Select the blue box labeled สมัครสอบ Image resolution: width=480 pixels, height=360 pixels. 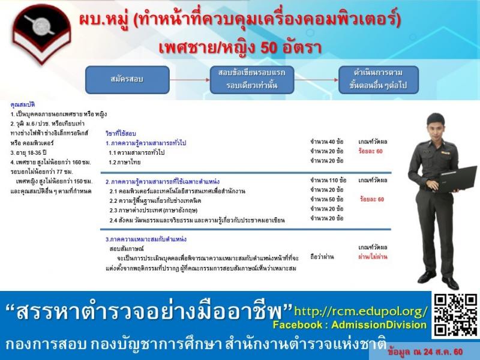coord(127,80)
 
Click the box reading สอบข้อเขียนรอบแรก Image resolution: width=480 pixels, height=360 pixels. coord(252,80)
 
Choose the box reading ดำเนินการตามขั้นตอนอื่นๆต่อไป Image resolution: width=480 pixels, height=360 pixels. coord(378,80)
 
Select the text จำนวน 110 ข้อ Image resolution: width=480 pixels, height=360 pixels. coord(328,180)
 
